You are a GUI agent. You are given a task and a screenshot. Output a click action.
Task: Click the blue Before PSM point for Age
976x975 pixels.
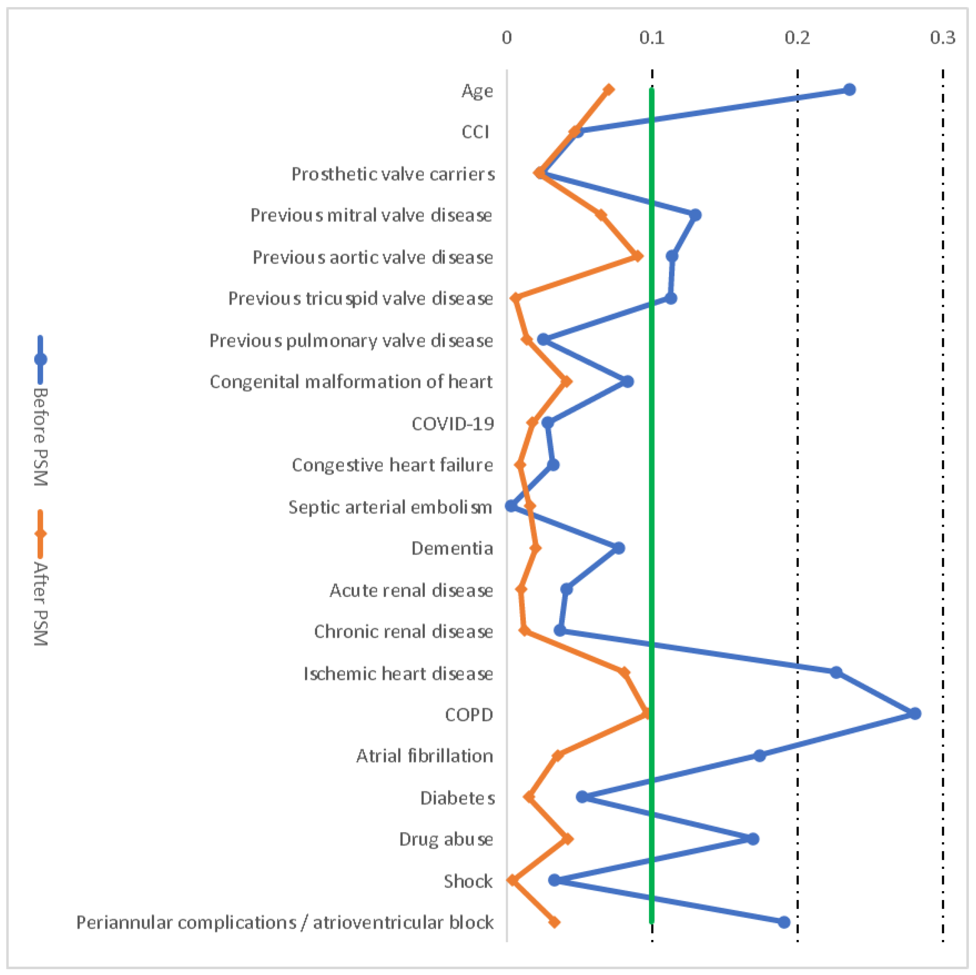850,90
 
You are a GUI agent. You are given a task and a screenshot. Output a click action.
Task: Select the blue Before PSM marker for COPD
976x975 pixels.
915,714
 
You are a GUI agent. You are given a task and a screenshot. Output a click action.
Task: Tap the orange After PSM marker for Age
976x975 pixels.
609,90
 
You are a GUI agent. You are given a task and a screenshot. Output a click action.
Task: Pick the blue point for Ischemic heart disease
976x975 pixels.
836,672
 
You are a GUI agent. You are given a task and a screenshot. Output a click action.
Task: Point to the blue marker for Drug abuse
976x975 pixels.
753,839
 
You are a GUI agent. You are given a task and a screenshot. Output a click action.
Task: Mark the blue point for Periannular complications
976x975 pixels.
784,922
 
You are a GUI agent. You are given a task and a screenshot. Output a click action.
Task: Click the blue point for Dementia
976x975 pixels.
619,548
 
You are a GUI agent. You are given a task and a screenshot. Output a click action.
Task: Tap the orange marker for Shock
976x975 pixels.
513,881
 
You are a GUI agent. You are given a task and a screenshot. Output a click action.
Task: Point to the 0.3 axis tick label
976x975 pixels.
943,38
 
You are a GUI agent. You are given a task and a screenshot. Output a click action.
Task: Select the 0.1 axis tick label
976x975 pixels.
652,38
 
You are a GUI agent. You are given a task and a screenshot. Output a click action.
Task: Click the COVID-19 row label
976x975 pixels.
453,424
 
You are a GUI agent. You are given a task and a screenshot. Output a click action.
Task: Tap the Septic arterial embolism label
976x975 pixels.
390,507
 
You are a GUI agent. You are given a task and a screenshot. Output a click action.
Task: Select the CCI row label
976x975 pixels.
475,132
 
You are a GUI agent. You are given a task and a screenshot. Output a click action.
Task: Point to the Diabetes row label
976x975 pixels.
457,798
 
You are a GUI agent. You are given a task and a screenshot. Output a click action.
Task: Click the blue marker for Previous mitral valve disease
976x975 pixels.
695,215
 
